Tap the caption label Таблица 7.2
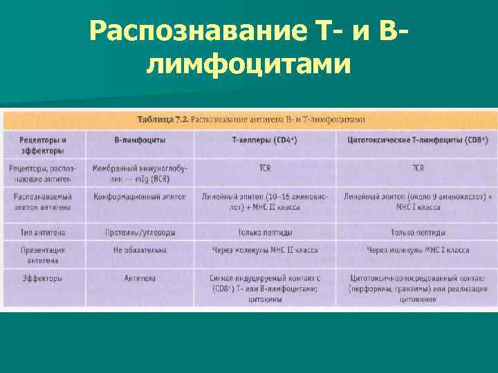coord(163,119)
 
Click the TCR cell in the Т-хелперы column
coord(265,168)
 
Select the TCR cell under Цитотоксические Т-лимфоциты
coord(418,168)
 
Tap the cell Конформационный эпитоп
coord(140,196)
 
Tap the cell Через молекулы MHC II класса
coord(265,250)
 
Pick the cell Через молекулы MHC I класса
coord(418,250)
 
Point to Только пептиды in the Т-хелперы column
coord(265,232)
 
